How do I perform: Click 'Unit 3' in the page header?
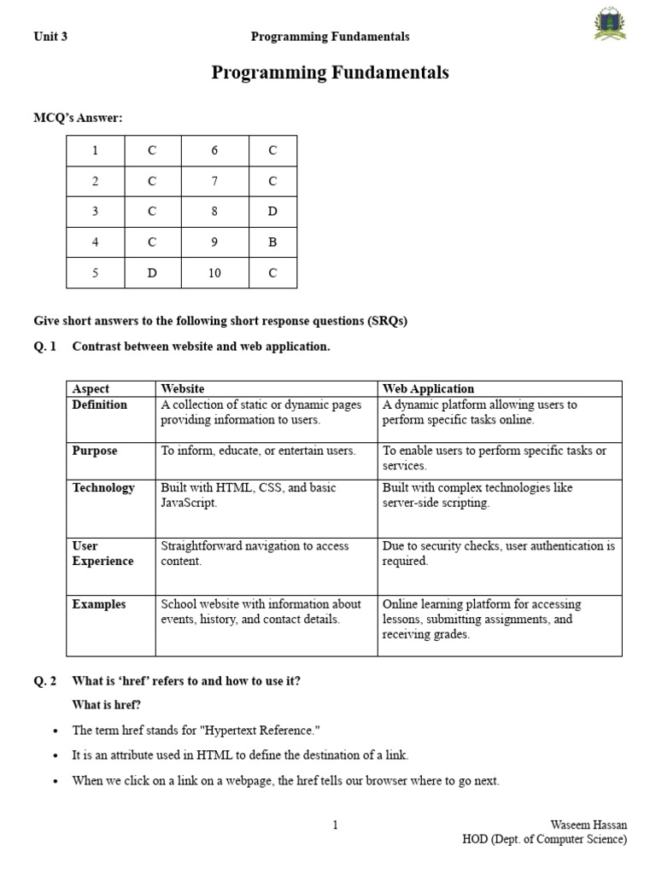(x=50, y=37)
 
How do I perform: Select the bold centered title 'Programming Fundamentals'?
(x=330, y=73)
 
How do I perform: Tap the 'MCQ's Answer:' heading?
(x=78, y=118)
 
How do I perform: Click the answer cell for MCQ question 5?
(x=152, y=273)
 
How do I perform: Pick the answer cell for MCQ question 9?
(x=272, y=242)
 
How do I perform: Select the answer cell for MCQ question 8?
(x=272, y=212)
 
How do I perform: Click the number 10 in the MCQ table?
(x=214, y=273)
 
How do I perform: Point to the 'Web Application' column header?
(x=428, y=388)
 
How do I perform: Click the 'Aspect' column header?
(x=91, y=388)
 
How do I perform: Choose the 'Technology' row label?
(x=103, y=488)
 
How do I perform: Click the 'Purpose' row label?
(x=95, y=451)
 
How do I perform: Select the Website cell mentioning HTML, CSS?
(x=248, y=495)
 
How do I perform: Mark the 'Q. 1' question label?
(x=44, y=347)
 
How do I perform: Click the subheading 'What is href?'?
(x=107, y=704)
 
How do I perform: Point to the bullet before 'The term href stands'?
(x=56, y=731)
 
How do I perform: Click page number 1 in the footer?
(x=336, y=824)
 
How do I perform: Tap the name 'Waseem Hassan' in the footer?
(x=589, y=824)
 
